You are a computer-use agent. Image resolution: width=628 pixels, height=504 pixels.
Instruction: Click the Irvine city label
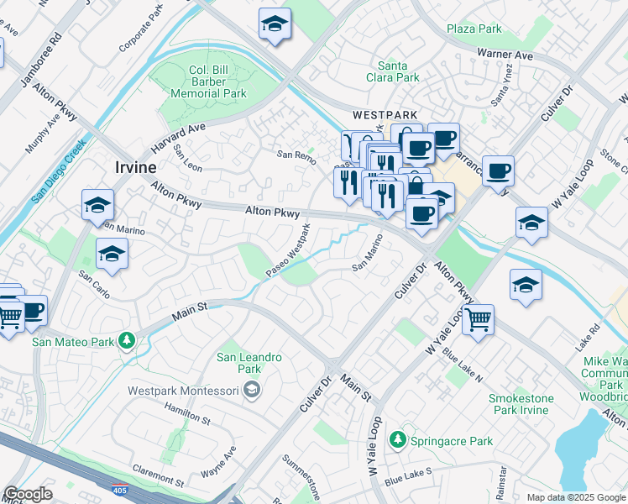point(135,167)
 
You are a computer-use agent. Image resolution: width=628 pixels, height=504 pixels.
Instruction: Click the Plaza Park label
point(474,29)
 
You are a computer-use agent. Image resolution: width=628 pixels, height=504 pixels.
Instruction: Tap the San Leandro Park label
point(249,363)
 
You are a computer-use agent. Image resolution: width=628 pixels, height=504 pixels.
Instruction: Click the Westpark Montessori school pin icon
point(251,390)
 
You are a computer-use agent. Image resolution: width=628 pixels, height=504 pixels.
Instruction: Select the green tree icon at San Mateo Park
point(126,341)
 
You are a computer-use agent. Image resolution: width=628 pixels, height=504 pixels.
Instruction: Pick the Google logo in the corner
point(28,494)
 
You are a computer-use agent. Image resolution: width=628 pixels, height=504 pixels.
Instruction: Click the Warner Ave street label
point(505,55)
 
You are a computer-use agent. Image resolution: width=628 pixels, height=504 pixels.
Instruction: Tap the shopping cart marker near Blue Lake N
point(478,319)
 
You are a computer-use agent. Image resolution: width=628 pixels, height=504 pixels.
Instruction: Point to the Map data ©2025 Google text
point(575,497)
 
